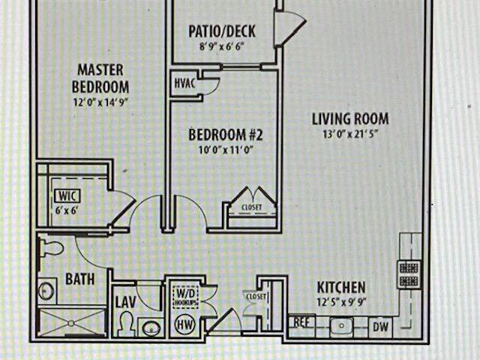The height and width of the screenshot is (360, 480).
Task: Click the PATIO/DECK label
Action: click(222, 31)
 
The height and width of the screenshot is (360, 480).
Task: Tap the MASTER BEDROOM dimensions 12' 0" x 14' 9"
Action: click(100, 102)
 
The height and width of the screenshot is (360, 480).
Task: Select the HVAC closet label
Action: click(185, 83)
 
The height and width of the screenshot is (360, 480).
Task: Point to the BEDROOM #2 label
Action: click(226, 135)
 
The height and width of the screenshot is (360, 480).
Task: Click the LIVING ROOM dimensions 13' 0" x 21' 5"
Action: click(349, 134)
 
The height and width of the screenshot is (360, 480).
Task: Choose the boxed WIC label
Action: click(67, 196)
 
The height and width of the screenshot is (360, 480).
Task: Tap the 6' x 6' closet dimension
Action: click(66, 211)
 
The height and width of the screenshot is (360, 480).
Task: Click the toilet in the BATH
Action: click(51, 248)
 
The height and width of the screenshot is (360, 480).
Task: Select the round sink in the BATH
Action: click(46, 290)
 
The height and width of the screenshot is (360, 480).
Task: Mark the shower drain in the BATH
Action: click(71, 323)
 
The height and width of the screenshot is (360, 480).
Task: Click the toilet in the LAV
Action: click(126, 324)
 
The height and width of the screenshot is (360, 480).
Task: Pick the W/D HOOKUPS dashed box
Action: click(185, 297)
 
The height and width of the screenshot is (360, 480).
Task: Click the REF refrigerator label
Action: click(301, 322)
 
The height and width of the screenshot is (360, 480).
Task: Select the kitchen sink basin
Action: click(342, 327)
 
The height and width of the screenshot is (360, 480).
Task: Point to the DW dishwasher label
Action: click(380, 327)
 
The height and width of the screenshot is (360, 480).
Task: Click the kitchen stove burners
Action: click(409, 274)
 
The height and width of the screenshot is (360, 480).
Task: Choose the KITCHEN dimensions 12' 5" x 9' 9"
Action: click(341, 303)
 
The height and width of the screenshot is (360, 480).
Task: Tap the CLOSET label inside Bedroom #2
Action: click(252, 207)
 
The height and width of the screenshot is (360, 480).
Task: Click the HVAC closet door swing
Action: click(211, 85)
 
